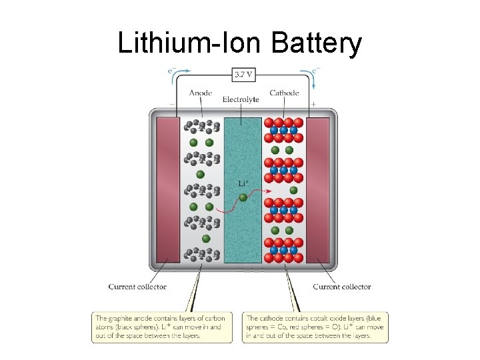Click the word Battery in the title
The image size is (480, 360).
pos(317,44)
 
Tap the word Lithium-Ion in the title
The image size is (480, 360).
pos(191,44)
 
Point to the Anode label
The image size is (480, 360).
pos(201,93)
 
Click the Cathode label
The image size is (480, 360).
pos(284,93)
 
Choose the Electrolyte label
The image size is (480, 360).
pos(241,100)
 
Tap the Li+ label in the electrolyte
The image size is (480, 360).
pos(243,183)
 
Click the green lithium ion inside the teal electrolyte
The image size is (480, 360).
pos(243,197)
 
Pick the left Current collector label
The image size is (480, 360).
pos(137,287)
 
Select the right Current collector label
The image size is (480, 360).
pos(342,287)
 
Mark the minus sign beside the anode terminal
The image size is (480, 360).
pos(172,105)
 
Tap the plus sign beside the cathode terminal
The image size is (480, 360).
pos(313,105)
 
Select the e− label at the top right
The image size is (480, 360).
pos(315,69)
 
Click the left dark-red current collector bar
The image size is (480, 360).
pos(167,190)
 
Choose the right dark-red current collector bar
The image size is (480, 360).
pos(318,190)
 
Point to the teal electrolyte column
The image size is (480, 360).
pos(243,233)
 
